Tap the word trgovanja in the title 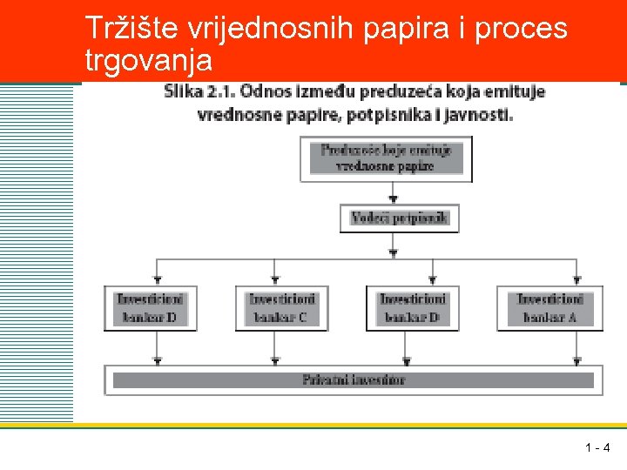point(148,61)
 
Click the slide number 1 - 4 point(597,449)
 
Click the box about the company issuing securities point(386,158)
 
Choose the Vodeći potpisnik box point(399,218)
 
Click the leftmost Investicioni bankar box point(152,308)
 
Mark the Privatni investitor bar point(354,379)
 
